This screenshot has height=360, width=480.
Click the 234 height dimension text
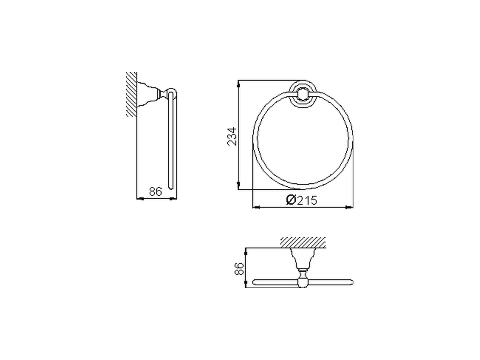[232, 136]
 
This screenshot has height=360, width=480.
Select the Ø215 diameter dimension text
[301, 200]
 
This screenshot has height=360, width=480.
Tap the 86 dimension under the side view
[155, 192]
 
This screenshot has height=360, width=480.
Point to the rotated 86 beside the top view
[238, 268]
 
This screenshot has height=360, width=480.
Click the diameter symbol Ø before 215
[291, 200]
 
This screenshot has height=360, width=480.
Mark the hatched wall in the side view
[131, 94]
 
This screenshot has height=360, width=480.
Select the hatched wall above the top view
[303, 242]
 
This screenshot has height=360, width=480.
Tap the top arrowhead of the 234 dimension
[239, 84]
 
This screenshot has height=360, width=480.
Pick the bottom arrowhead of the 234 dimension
[239, 186]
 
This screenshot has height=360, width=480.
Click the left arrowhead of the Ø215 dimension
[256, 207]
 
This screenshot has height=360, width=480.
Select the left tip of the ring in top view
[255, 282]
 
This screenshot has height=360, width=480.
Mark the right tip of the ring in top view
[351, 282]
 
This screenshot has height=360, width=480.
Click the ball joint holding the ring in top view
[303, 281]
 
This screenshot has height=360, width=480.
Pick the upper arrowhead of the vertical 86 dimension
[246, 252]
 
